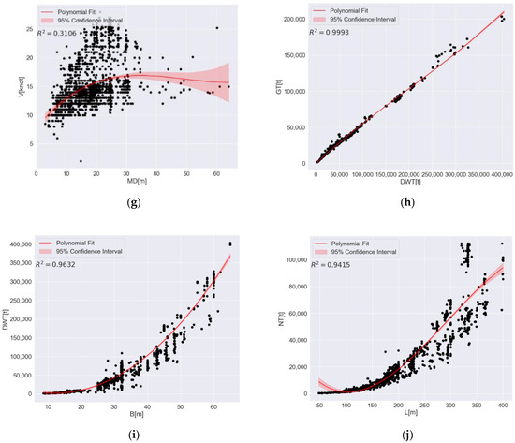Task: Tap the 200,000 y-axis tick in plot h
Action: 296,19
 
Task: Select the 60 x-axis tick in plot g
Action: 217,174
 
